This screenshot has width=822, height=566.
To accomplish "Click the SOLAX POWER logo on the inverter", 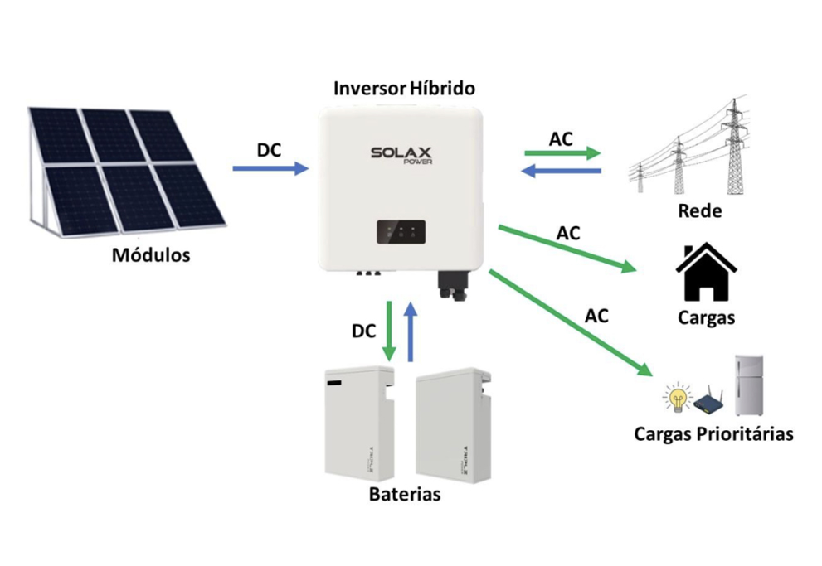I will [401, 155].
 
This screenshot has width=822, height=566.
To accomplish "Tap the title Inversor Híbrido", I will [404, 88].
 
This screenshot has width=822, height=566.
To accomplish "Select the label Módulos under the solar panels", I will [151, 255].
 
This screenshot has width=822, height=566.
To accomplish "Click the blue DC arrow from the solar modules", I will [270, 168].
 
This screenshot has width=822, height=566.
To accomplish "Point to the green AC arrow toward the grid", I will [562, 153].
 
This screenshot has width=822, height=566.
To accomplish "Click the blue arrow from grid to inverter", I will [562, 171].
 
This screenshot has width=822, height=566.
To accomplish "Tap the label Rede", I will [699, 210].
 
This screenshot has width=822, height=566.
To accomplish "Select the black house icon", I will [706, 273].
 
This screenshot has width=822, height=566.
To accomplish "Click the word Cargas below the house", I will [706, 317].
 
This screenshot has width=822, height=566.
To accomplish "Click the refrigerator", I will [748, 385].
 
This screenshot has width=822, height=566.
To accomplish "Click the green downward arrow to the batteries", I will [389, 330].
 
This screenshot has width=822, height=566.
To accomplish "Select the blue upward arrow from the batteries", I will [411, 331].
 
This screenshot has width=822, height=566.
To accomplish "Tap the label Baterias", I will [404, 496].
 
